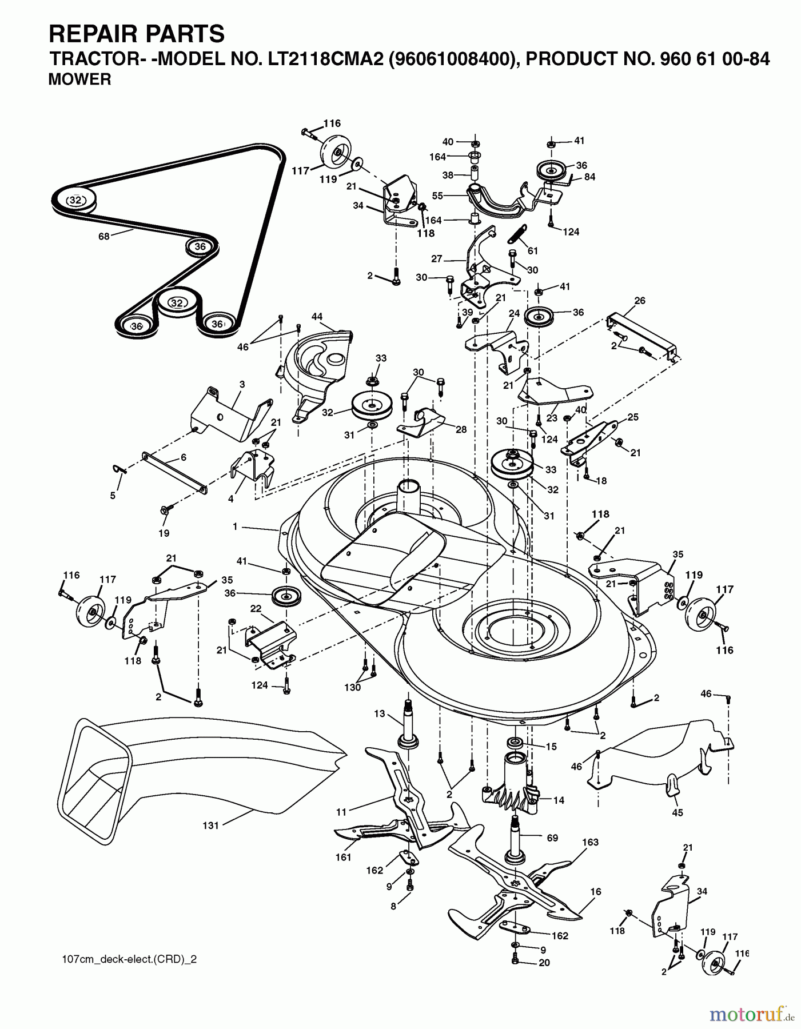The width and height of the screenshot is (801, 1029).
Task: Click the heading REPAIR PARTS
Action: pyautogui.click(x=137, y=34)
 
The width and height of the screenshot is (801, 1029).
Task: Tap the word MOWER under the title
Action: pyautogui.click(x=79, y=80)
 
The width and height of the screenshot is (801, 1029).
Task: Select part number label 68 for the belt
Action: pyautogui.click(x=103, y=236)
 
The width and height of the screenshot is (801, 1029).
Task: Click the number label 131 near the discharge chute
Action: pyautogui.click(x=211, y=825)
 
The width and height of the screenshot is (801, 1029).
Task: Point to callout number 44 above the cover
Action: pyautogui.click(x=317, y=316)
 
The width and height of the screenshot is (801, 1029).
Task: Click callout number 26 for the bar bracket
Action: pyautogui.click(x=640, y=301)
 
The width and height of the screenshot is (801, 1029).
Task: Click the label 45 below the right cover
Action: pyautogui.click(x=678, y=812)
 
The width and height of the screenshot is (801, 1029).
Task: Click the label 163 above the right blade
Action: pyautogui.click(x=591, y=841)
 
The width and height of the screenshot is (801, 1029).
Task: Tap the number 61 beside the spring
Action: pyautogui.click(x=533, y=250)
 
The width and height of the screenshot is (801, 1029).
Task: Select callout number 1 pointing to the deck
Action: pyautogui.click(x=234, y=527)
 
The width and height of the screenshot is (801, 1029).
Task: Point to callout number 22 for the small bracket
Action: pyautogui.click(x=255, y=608)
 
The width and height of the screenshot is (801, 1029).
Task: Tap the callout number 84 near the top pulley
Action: pyautogui.click(x=589, y=177)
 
